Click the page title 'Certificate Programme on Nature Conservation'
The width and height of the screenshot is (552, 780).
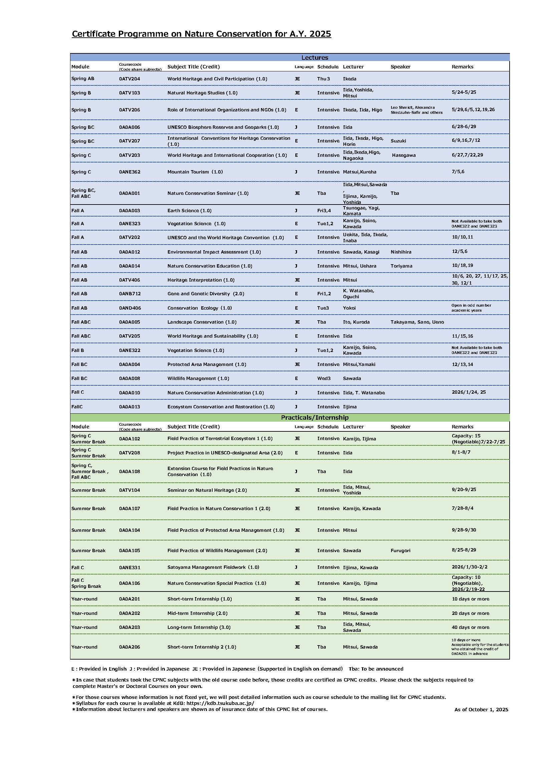[201, 34]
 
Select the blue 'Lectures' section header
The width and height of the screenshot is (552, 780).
[314, 57]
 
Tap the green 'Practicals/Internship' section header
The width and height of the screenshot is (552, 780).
[314, 417]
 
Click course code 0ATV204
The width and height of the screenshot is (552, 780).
[129, 79]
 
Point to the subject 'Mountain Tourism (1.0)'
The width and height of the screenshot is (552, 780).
[195, 172]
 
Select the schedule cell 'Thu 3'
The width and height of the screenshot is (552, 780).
[323, 79]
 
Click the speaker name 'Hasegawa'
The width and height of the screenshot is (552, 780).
[403, 155]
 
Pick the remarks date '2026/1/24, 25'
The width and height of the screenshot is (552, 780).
[468, 392]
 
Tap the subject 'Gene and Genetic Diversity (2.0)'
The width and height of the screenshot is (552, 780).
[206, 294]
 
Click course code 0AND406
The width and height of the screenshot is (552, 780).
[130, 308]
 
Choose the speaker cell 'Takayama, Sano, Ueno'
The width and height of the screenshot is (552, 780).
[417, 322]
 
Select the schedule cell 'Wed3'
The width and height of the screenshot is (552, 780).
[324, 378]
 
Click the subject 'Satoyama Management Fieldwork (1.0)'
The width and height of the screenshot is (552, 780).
[213, 567]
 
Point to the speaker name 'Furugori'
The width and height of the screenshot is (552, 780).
[400, 550]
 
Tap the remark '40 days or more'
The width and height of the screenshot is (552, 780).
[471, 627]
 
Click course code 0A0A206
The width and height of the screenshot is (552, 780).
[129, 647]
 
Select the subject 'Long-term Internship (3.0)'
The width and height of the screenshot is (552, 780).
[199, 627]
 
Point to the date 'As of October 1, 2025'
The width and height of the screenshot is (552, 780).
[481, 709]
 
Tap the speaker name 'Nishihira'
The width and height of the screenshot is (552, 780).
[401, 252]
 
